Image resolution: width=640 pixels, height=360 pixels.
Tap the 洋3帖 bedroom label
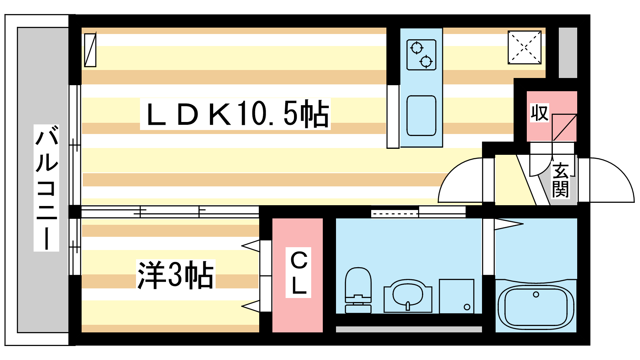point(176,275)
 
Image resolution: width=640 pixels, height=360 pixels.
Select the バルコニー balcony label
point(46,188)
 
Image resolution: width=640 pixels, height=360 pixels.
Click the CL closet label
point(299,273)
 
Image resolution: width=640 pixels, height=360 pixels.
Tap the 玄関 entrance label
point(560,180)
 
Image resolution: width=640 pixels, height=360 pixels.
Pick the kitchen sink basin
point(421,116)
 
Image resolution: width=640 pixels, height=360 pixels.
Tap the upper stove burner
point(416,48)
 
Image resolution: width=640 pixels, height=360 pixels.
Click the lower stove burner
point(426,62)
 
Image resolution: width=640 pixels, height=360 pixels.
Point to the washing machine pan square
point(456,296)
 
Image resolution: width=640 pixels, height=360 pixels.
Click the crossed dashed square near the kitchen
point(524,48)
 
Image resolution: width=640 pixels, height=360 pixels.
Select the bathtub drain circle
point(536,294)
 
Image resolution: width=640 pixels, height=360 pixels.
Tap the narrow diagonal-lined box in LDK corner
point(90,50)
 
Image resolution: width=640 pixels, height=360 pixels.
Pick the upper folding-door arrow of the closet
point(251,246)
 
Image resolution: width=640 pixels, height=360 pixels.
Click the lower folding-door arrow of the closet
point(251,306)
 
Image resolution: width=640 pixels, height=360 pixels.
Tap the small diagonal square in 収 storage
point(564,128)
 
